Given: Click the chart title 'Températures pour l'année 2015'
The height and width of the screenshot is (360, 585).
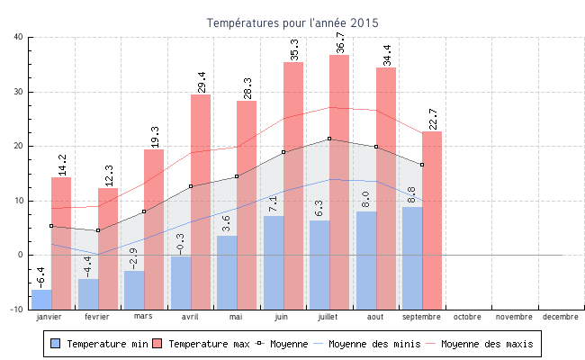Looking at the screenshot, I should pos(292,22).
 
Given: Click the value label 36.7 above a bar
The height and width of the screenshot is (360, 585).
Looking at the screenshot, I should pos(340,42).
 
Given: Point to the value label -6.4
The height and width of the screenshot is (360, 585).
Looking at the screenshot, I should pos(41,274).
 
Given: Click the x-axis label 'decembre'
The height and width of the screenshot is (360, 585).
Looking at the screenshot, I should pos(561,317).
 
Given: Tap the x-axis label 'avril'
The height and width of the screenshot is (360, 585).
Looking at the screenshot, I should pos(190,317).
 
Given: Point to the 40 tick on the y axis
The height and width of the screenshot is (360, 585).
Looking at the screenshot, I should pos(19,37).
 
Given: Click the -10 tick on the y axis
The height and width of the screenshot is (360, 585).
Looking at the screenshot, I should pos(17,309).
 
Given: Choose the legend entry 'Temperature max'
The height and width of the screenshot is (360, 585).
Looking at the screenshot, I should pos(202,344).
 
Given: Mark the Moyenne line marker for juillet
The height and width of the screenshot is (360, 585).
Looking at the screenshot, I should pos(329,139).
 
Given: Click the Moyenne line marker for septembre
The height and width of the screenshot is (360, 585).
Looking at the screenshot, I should pos(422,165).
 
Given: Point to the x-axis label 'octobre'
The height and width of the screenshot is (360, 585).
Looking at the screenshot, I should pos(467,317).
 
